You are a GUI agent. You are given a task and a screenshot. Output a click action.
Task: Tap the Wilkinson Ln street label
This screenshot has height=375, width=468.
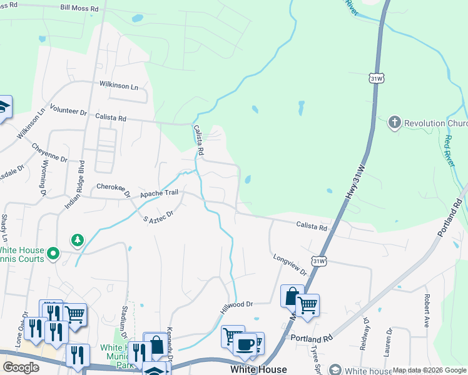118,86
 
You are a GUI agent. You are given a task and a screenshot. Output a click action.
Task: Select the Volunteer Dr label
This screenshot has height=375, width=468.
69,111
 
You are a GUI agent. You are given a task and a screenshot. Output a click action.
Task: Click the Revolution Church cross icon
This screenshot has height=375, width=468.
394,122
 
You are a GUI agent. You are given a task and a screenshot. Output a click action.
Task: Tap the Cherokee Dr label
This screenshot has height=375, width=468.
113,189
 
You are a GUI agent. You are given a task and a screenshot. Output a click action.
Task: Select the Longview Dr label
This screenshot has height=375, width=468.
290,264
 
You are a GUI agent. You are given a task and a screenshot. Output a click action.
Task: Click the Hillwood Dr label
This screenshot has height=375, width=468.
236,306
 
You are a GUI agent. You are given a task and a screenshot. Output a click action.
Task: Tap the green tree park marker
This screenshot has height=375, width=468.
78,239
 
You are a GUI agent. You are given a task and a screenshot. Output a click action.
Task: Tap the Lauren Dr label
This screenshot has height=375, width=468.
389,339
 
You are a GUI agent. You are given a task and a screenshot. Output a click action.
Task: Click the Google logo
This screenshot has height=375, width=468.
21,367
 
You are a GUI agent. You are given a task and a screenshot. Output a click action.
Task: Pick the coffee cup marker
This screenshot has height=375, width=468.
245,344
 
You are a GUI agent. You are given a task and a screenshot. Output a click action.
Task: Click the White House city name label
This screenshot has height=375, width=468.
258,369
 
